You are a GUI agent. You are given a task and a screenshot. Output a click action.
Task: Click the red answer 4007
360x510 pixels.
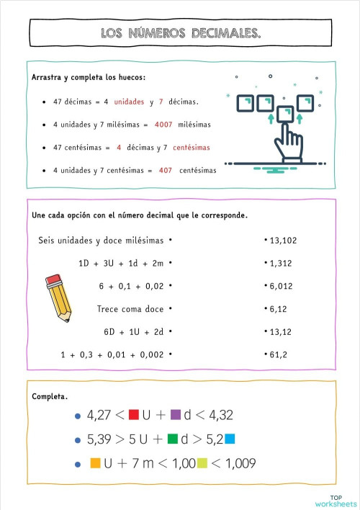click(163, 125)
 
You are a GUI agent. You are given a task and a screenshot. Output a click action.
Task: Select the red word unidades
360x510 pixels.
click(130, 102)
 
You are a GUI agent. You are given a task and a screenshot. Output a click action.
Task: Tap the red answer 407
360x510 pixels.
click(165, 171)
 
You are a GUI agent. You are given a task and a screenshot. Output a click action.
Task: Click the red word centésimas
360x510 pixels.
click(192, 148)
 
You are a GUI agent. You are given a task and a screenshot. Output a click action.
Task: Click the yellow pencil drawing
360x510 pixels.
click(58, 296)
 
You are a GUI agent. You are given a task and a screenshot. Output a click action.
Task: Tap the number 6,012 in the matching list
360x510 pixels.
click(281, 286)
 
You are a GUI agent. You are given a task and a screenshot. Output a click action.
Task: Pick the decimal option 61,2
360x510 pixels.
click(278, 354)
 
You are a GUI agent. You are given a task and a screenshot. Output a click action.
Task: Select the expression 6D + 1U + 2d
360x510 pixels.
click(135, 332)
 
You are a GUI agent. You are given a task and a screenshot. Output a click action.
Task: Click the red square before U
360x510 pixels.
click(133, 415)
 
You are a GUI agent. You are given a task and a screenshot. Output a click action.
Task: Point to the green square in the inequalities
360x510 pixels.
click(172, 439)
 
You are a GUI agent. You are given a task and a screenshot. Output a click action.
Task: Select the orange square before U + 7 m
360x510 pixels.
click(95, 463)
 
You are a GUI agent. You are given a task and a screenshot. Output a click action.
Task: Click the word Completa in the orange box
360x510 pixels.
click(50, 397)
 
